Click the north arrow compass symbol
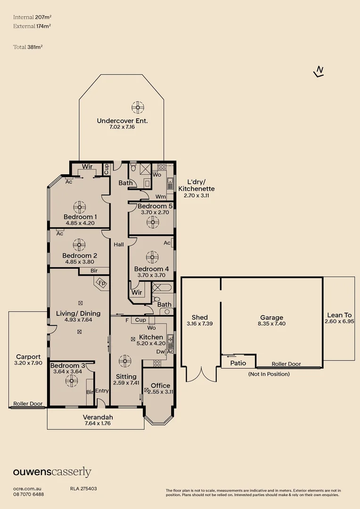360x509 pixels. (319, 72)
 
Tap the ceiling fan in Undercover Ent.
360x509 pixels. (138, 107)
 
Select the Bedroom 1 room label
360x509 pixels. (80, 217)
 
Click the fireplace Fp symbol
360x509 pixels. (102, 283)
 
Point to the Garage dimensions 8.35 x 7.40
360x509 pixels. (272, 324)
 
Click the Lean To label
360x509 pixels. (339, 315)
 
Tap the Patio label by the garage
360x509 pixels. (238, 363)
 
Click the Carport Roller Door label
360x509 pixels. (28, 403)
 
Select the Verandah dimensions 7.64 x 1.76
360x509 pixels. (98, 423)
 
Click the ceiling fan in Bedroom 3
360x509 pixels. (72, 381)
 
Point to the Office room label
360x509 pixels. (160, 386)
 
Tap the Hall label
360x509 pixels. (119, 245)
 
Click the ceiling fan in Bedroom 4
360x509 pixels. (152, 257)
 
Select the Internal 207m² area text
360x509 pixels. (33, 17)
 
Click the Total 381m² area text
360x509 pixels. (28, 47)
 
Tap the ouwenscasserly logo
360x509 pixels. (52, 472)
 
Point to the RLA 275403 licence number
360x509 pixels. (83, 489)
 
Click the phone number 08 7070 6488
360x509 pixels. (29, 494)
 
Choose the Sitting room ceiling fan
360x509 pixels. (125, 361)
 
